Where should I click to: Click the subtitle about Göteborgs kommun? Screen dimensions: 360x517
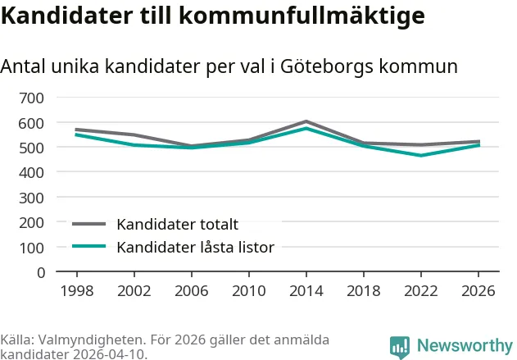pyautogui.click(x=229, y=66)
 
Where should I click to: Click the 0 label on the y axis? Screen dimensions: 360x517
pyautogui.click(x=40, y=272)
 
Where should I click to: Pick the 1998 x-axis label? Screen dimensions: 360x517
pyautogui.click(x=76, y=290)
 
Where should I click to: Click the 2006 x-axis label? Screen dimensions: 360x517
pyautogui.click(x=191, y=290)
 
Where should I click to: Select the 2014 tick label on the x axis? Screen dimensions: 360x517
pyautogui.click(x=306, y=290)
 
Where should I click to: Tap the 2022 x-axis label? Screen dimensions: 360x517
pyautogui.click(x=420, y=290)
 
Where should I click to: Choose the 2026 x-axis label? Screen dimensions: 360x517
pyautogui.click(x=478, y=290)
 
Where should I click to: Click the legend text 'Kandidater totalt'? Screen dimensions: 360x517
pyautogui.click(x=177, y=224)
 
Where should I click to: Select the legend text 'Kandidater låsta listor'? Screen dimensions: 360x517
pyautogui.click(x=195, y=247)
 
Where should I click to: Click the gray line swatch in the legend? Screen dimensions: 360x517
pyautogui.click(x=89, y=224)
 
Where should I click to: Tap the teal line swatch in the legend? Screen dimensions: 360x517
pyautogui.click(x=89, y=247)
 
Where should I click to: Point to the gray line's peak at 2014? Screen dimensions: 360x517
pyautogui.click(x=306, y=121)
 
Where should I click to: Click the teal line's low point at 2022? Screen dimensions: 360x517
pyautogui.click(x=420, y=155)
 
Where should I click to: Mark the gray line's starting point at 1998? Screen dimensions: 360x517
pyautogui.click(x=76, y=130)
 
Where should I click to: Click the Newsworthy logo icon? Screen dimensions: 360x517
pyautogui.click(x=400, y=347)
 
